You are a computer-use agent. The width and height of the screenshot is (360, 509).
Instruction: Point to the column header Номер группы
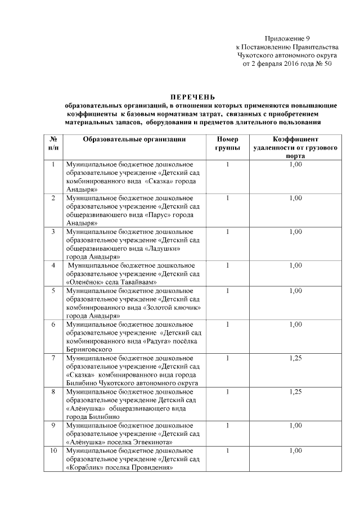click(228, 143)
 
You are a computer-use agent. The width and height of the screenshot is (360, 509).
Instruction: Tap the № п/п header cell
click(53, 143)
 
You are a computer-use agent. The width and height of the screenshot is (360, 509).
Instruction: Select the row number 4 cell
click(53, 265)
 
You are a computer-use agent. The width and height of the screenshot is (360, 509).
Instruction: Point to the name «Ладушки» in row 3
click(164, 247)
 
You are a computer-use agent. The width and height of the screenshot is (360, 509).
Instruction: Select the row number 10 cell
click(53, 451)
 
